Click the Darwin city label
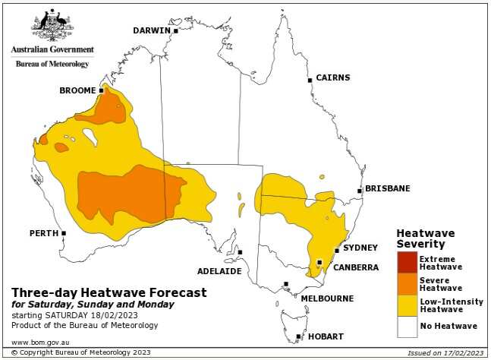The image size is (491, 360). pos(152,30)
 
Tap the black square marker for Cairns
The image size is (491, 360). pos(310,80)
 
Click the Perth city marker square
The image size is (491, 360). pos(64,233)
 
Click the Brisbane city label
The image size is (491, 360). pos(387,188)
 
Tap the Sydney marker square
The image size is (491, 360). pos(337,251)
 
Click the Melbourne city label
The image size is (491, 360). pos(327,298)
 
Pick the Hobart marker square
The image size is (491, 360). pos(298,336)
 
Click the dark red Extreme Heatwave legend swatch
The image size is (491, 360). pos(407,262)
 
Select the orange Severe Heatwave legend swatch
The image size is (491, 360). pos(407,283)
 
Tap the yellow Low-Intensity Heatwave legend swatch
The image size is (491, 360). pos(407,305)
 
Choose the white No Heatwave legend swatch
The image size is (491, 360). pos(407,326)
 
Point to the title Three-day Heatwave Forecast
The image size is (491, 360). pos(109,292)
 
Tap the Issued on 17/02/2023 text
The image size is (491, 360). pos(444,353)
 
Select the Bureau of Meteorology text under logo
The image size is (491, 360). pos(52,64)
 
